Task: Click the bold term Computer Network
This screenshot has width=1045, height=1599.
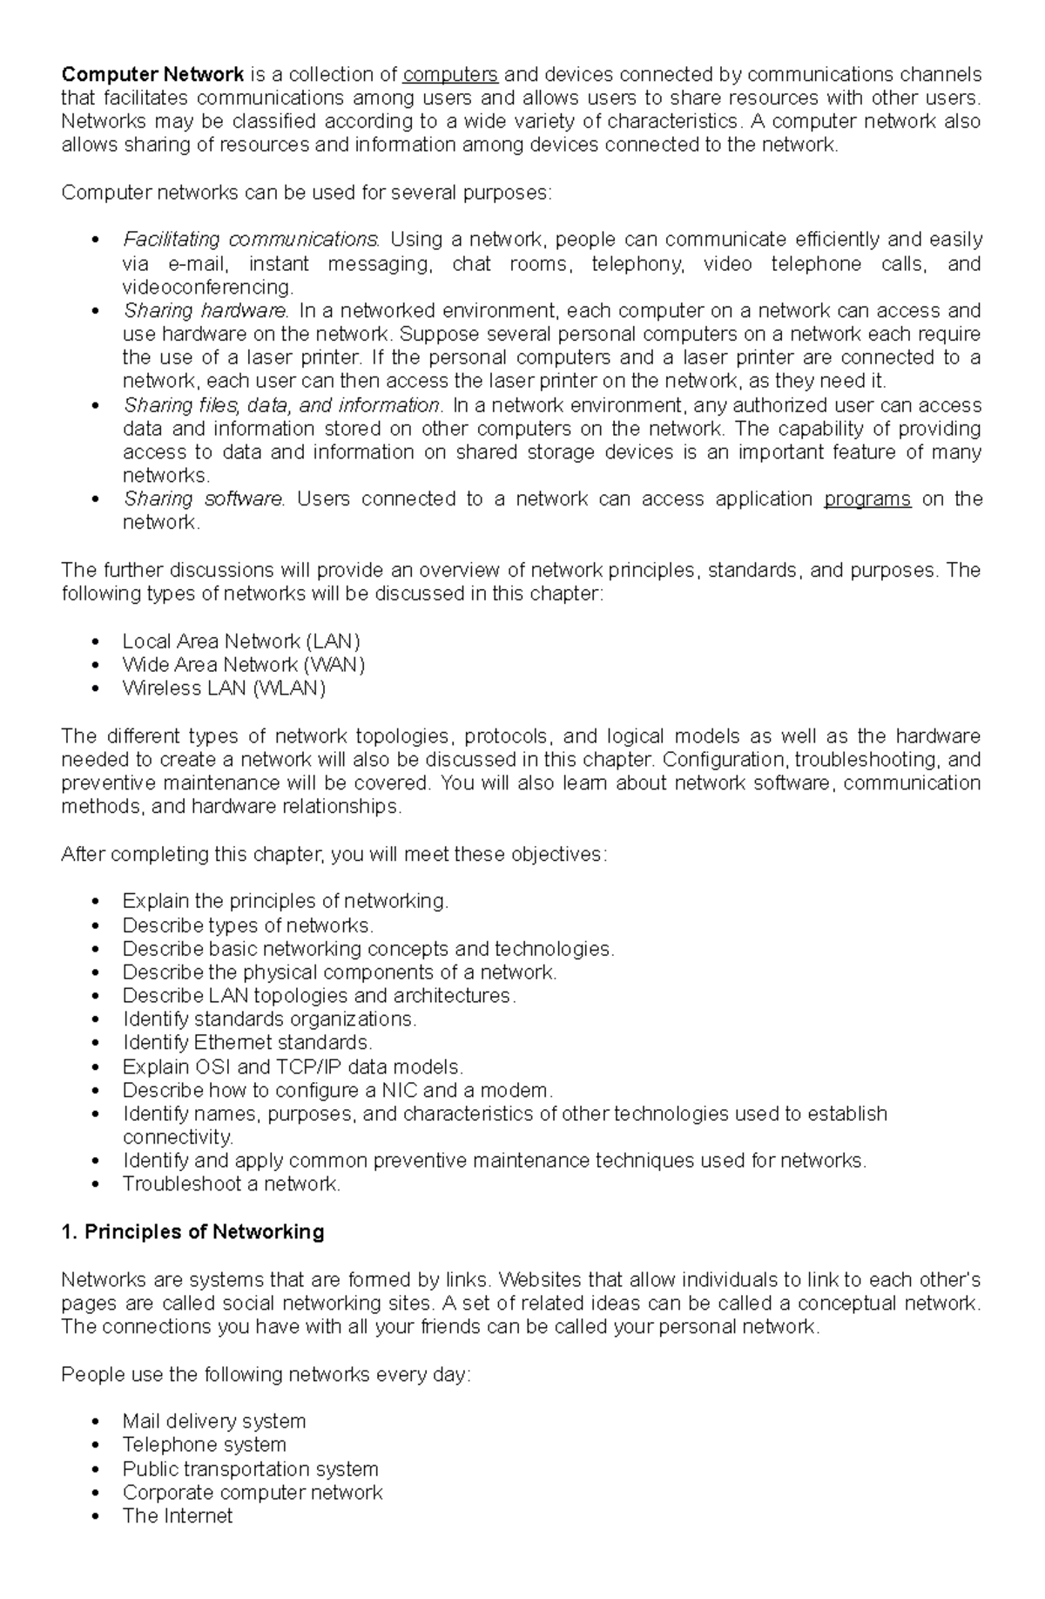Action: pyautogui.click(x=152, y=74)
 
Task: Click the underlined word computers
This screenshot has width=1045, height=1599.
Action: pyautogui.click(x=450, y=74)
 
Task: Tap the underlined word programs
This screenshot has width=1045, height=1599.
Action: pyautogui.click(x=866, y=499)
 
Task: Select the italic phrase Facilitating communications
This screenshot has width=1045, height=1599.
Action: pyautogui.click(x=251, y=240)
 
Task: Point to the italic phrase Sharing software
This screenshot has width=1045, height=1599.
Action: pyautogui.click(x=204, y=499)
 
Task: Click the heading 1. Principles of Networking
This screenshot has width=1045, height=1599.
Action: pyautogui.click(x=192, y=1232)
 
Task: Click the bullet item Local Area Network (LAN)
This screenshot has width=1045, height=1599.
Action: pyautogui.click(x=241, y=641)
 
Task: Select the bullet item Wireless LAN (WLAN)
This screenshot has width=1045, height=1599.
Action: pyautogui.click(x=224, y=688)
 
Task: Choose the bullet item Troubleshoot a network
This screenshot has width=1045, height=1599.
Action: pyautogui.click(x=231, y=1184)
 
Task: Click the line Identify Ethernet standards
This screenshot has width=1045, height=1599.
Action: pyautogui.click(x=247, y=1043)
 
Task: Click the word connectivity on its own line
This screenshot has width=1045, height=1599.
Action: pyautogui.click(x=178, y=1137)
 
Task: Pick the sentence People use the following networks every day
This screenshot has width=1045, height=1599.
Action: pyautogui.click(x=266, y=1375)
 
